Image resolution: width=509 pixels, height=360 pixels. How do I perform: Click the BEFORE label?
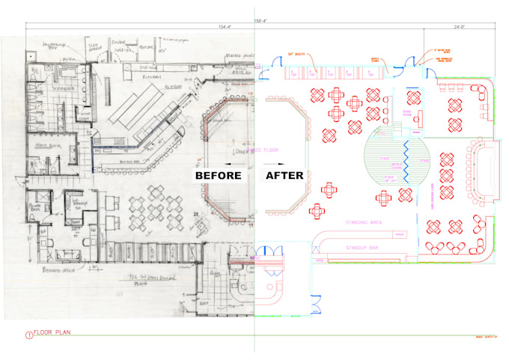[219, 176]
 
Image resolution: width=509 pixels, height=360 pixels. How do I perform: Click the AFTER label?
[284, 176]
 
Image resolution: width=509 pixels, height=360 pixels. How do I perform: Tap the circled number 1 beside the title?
[29, 335]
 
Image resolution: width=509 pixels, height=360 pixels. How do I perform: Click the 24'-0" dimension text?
[460, 28]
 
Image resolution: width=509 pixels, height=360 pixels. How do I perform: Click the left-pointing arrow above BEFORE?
[222, 162]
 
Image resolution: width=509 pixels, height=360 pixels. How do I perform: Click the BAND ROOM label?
[409, 113]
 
